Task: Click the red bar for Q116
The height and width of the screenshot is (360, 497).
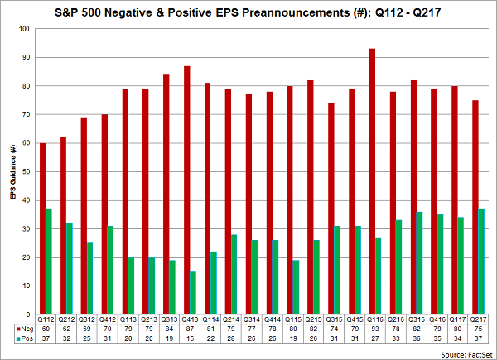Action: click(372, 181)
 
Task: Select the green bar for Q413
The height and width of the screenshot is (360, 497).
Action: click(193, 293)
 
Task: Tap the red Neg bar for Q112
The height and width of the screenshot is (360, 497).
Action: click(42, 228)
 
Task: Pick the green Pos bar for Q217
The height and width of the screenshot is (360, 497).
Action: click(481, 262)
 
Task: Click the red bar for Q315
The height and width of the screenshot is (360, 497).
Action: click(331, 209)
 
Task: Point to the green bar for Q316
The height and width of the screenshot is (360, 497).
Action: click(419, 263)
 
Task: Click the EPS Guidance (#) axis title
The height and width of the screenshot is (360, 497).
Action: click(13, 171)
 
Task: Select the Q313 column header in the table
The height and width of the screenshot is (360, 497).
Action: click(169, 319)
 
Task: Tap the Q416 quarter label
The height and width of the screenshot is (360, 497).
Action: click(437, 319)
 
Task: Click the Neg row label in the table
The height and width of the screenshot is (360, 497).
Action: click(25, 329)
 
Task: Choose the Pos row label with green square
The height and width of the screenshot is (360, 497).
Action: click(25, 338)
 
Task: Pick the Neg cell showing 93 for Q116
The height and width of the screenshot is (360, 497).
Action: click(375, 329)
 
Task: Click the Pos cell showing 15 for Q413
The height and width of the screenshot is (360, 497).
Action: click(190, 338)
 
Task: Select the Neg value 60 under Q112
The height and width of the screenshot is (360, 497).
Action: click(46, 329)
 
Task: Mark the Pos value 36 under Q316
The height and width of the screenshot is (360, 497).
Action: click(417, 338)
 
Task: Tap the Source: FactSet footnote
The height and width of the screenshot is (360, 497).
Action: click(466, 354)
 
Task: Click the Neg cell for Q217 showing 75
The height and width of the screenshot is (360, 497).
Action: click(478, 329)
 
